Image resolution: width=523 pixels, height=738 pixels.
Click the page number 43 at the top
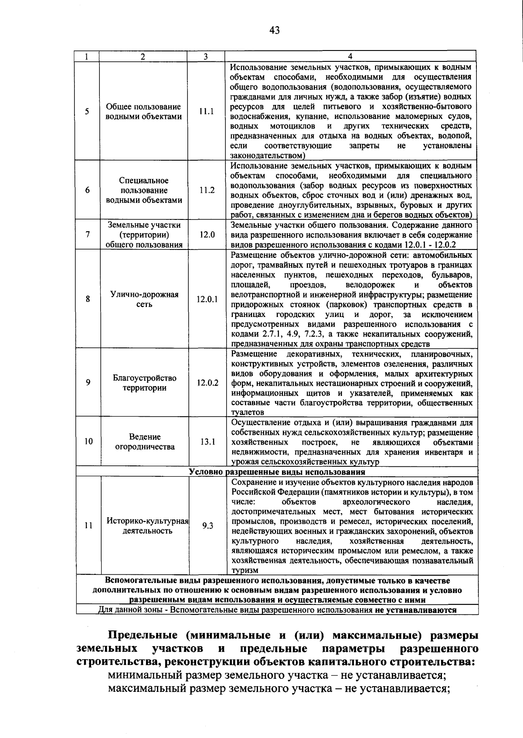tap(275, 30)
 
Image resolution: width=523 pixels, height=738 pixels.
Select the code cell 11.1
tap(207, 111)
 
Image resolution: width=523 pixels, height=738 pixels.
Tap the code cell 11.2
tap(207, 190)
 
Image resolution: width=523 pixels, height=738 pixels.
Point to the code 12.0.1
tap(207, 299)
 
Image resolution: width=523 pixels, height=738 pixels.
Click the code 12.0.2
tap(207, 383)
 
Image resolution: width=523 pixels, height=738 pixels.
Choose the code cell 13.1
tap(207, 441)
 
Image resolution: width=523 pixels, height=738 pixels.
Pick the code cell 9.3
tap(207, 526)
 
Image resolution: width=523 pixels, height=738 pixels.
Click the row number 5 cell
tap(88, 111)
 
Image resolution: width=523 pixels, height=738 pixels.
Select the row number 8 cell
tap(88, 299)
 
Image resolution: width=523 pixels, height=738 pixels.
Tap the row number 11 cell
tap(88, 526)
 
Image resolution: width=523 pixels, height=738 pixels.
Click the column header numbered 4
tap(350, 56)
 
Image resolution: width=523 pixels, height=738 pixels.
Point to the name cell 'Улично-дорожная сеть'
tap(144, 299)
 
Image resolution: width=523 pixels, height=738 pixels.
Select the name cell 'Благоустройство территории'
tap(144, 383)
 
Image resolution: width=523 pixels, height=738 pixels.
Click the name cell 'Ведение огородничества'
tap(145, 441)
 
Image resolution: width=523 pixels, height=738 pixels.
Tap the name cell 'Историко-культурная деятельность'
tap(147, 526)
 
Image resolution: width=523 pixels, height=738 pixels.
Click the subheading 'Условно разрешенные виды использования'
tap(277, 472)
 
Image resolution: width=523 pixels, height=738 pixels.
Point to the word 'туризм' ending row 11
tap(245, 570)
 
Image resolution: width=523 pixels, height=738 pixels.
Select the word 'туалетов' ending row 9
tap(248, 412)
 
